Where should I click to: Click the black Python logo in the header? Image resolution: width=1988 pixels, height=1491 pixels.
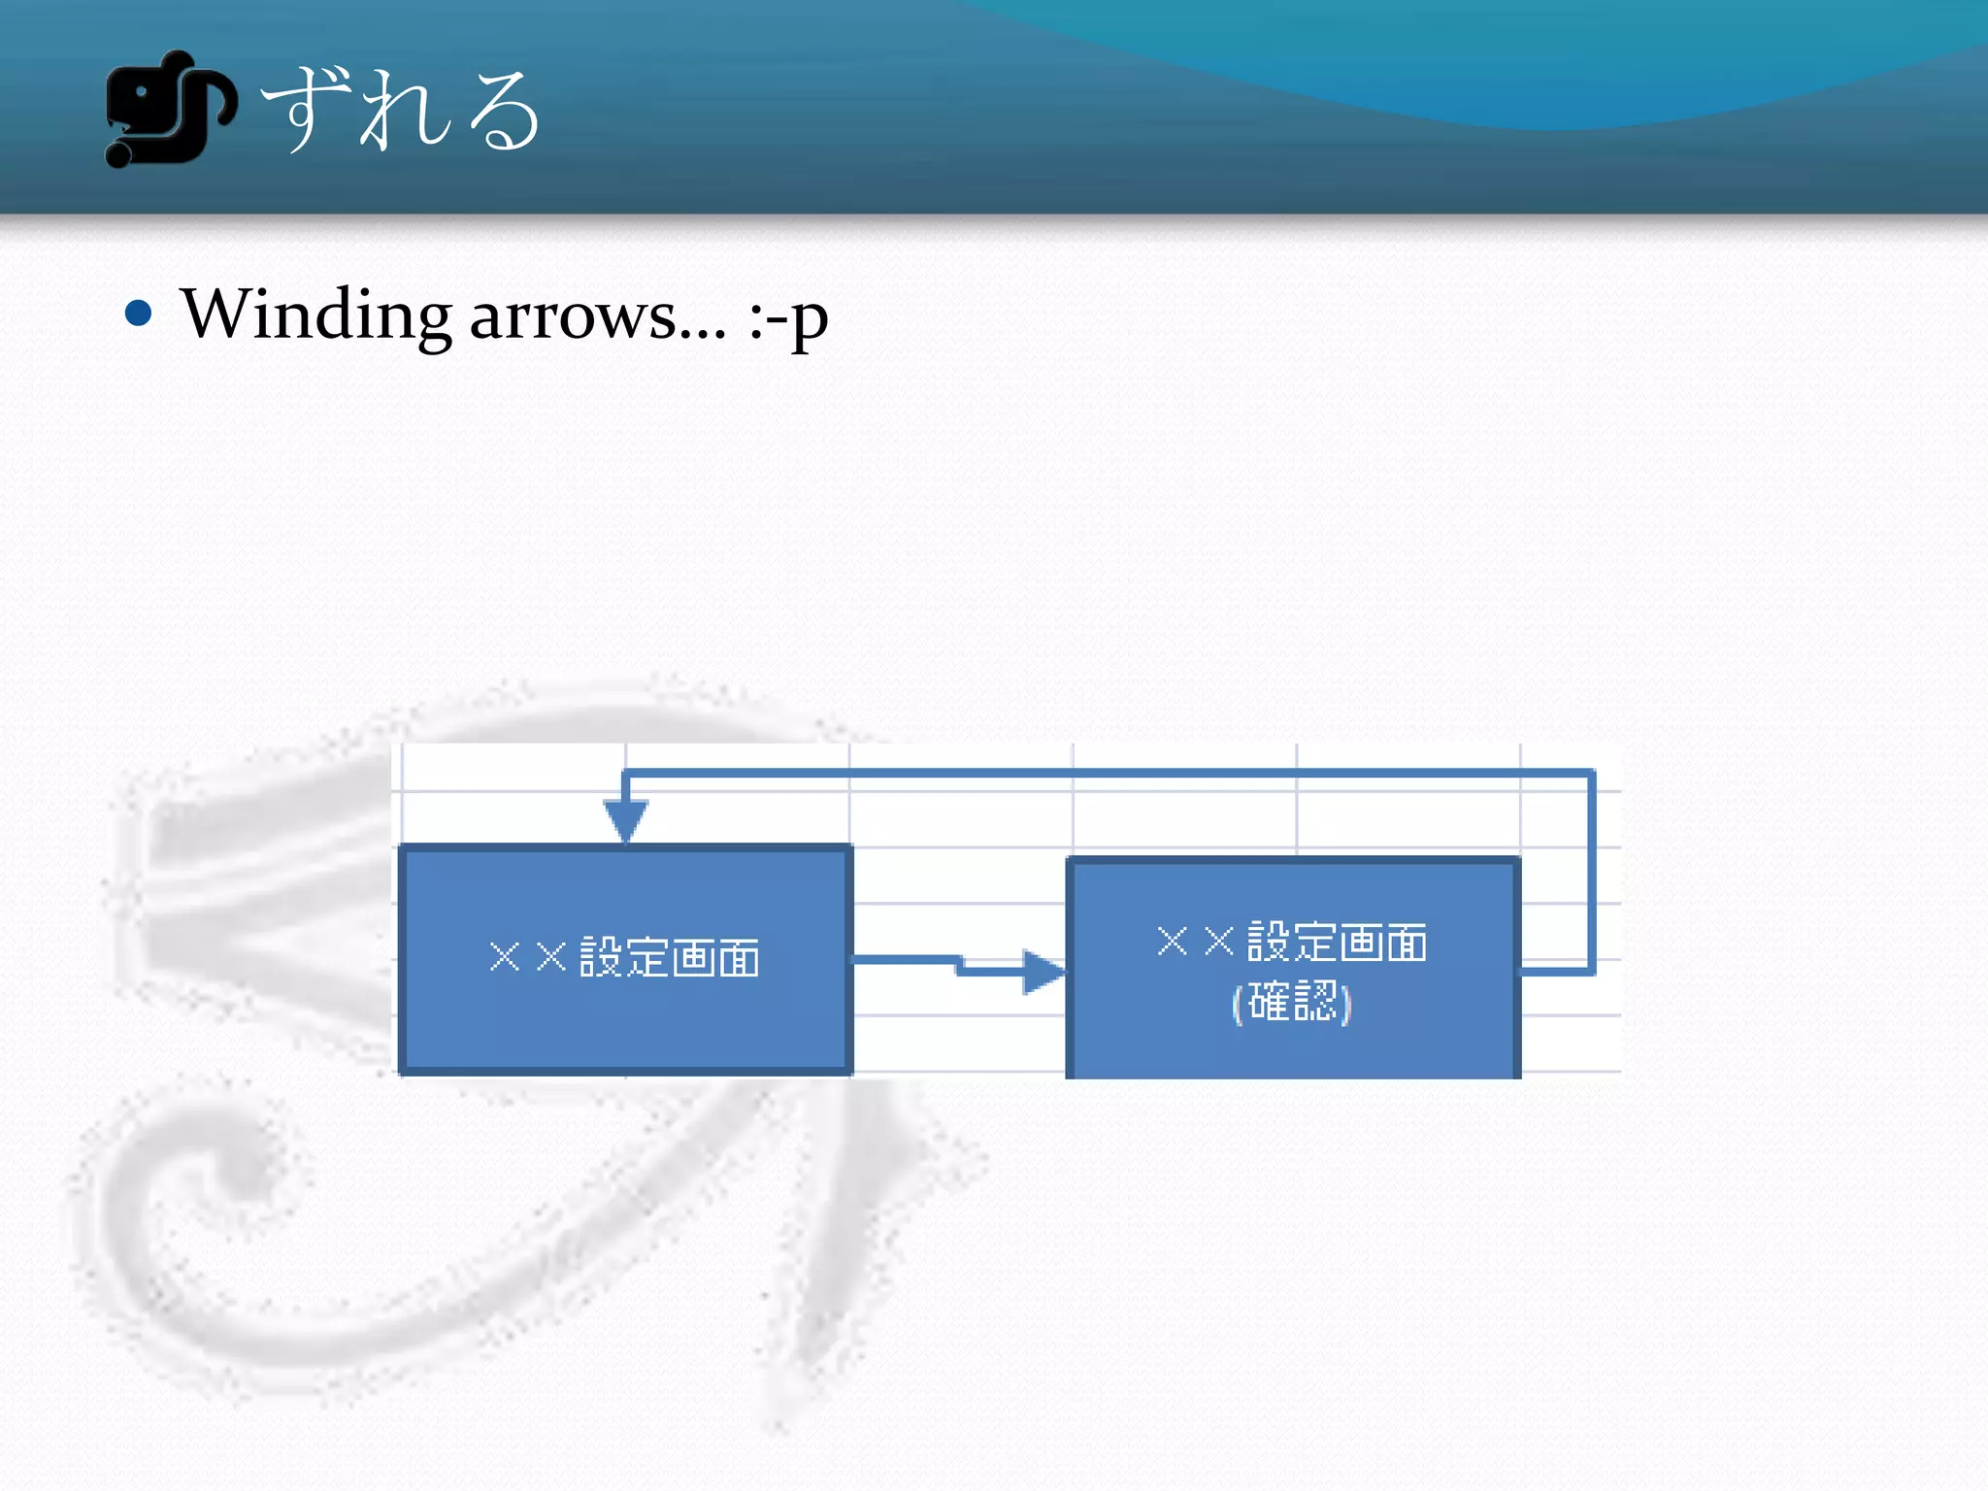point(168,109)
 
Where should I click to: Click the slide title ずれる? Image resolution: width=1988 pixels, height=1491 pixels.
point(400,111)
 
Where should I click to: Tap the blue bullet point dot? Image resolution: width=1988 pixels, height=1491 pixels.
point(139,314)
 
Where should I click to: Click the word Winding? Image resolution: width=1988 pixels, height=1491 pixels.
point(315,315)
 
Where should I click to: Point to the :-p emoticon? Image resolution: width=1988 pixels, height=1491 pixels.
point(788,319)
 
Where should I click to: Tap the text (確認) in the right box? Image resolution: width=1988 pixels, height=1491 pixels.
point(1292,1001)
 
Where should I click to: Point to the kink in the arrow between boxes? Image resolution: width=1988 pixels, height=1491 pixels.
point(959,965)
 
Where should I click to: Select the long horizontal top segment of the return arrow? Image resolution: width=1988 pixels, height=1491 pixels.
point(1107,774)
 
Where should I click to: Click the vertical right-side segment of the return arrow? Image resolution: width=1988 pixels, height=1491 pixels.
point(1591,874)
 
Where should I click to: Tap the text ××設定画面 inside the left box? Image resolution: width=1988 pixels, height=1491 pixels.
point(625,958)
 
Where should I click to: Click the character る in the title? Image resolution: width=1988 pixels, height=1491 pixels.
point(501,113)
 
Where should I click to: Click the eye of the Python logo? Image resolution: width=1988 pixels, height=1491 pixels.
point(142,92)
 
